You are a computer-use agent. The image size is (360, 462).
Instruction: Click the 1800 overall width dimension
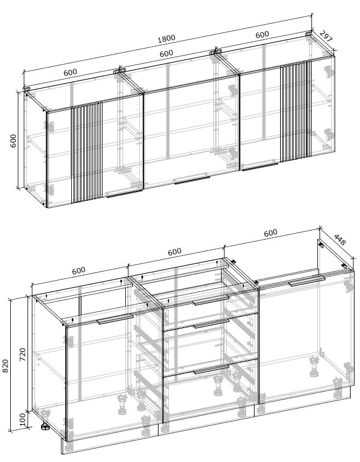point(166,39)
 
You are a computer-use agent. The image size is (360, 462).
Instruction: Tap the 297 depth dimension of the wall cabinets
point(326,36)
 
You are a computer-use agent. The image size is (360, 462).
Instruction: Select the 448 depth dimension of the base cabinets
point(339,240)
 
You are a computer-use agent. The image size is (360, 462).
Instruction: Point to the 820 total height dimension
point(6,365)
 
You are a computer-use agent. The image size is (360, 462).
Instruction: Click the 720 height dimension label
point(23,355)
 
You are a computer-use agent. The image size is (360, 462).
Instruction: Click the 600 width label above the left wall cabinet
point(70,72)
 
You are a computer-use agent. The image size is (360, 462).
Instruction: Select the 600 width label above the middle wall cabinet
point(166,53)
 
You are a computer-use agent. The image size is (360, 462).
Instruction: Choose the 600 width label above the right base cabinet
point(270,233)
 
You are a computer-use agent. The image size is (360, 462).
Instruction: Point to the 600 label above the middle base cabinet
point(174,252)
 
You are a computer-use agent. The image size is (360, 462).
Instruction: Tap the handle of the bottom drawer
point(212,369)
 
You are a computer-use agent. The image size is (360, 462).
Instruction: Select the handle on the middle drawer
point(212,323)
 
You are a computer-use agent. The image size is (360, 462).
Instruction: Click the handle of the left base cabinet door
point(115,320)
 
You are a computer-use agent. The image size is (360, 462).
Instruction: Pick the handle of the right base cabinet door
point(307,281)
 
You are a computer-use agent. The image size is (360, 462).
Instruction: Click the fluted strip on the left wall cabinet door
point(87,153)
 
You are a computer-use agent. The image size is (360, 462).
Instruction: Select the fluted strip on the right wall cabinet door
point(295,112)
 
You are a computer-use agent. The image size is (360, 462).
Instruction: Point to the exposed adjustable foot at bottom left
point(45,427)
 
